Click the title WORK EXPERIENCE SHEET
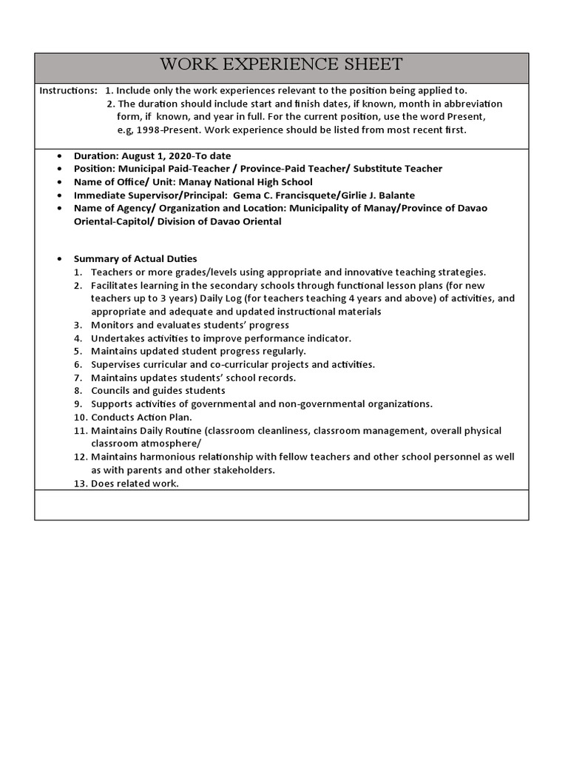(x=281, y=64)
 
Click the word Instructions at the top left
(x=67, y=90)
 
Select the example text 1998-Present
(x=170, y=130)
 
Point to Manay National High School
(x=248, y=182)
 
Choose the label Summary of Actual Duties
(x=135, y=258)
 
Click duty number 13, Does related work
(x=135, y=483)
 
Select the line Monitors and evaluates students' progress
(x=190, y=325)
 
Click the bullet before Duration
(x=59, y=156)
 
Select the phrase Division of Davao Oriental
(x=220, y=221)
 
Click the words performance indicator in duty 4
(x=303, y=338)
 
